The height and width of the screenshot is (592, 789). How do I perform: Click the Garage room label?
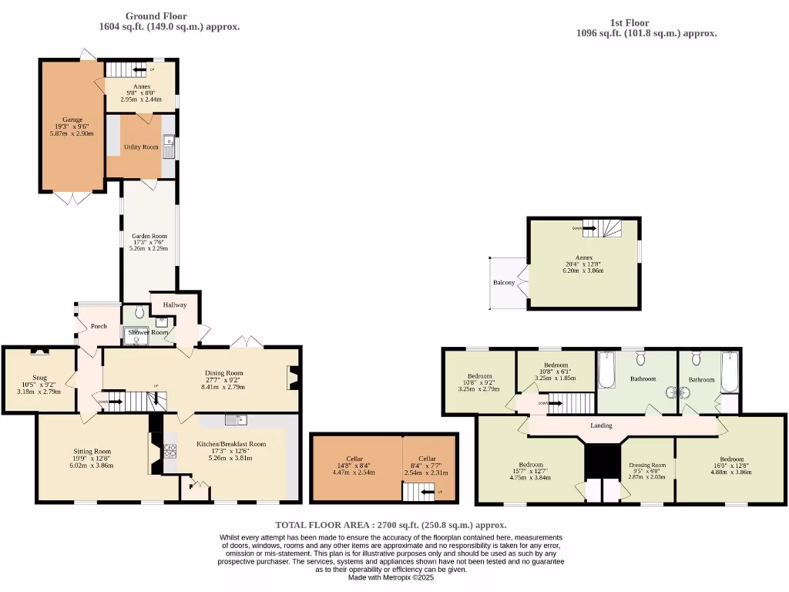(x=72, y=119)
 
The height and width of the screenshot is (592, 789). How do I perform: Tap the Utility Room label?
(x=141, y=146)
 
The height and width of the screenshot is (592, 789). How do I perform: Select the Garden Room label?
(x=148, y=237)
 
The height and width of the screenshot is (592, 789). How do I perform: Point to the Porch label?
(x=99, y=326)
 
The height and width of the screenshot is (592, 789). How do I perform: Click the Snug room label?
(x=40, y=378)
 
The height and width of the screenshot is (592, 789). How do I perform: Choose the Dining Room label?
(x=223, y=373)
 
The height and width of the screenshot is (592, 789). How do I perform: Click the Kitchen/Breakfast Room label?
(x=237, y=444)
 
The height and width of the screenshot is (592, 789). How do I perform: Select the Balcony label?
(x=504, y=283)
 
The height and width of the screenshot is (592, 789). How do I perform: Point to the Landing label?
(x=601, y=425)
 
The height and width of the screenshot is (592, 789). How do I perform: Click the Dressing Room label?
(x=647, y=465)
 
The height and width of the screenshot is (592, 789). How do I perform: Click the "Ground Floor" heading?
(x=156, y=16)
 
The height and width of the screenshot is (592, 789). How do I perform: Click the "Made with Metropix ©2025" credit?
(x=391, y=577)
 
